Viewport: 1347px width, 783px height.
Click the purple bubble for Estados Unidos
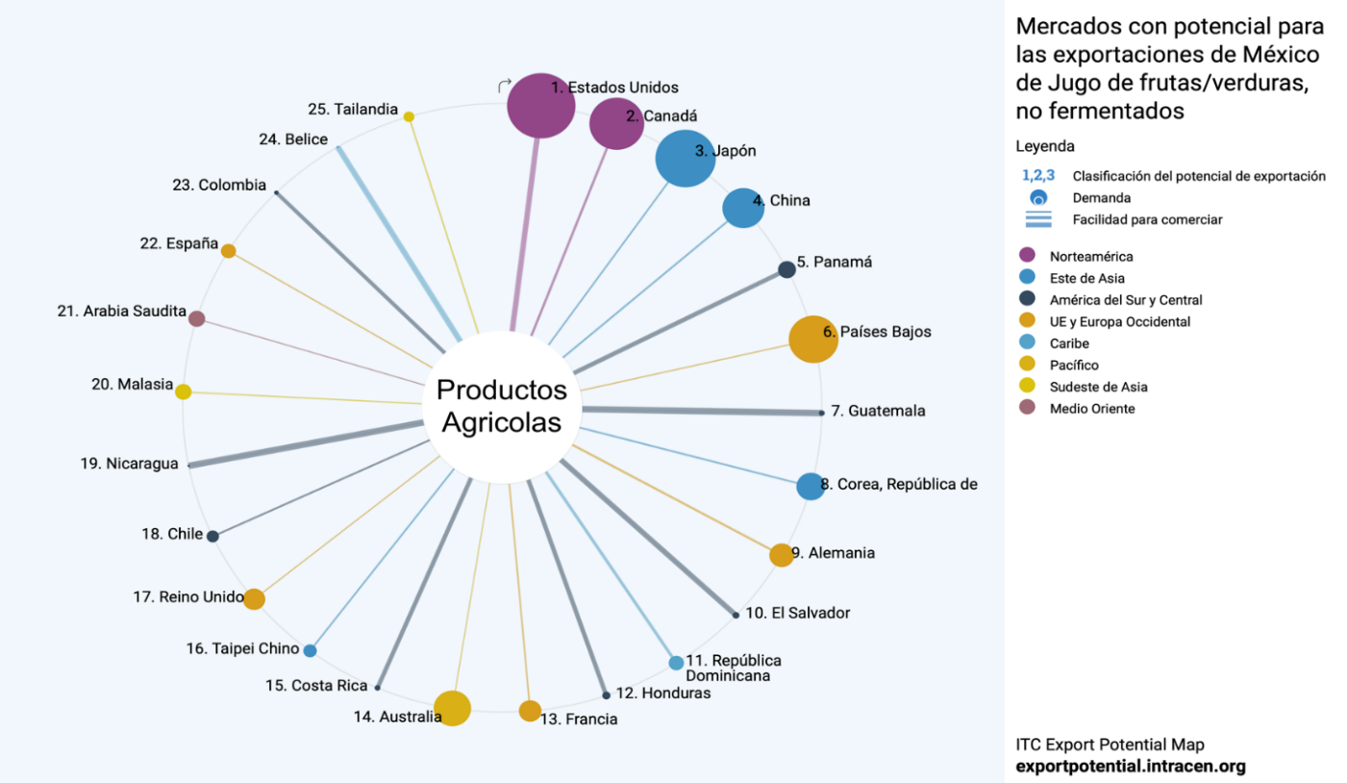(540, 105)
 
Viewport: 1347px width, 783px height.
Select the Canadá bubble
(615, 123)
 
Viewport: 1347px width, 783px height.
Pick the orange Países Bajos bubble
(813, 339)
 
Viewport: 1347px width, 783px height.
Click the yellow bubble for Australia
(452, 708)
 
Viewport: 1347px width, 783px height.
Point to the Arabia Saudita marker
(196, 318)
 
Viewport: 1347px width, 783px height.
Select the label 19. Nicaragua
(129, 464)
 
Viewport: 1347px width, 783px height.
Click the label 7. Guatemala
(878, 411)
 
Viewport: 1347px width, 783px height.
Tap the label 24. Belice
(293, 139)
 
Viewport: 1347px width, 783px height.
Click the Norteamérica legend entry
(1091, 256)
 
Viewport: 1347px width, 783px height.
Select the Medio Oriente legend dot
(1027, 408)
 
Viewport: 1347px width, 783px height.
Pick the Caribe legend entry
(1069, 342)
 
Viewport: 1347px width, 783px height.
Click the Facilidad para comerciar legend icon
(1038, 219)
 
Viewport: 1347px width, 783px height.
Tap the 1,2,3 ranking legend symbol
(1038, 175)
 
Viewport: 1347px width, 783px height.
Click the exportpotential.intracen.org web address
(1131, 767)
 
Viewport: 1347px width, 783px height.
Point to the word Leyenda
(1044, 146)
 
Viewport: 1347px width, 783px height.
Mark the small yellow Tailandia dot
(409, 116)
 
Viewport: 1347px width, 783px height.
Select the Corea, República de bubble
(810, 486)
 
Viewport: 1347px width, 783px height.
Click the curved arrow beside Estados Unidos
(505, 87)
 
